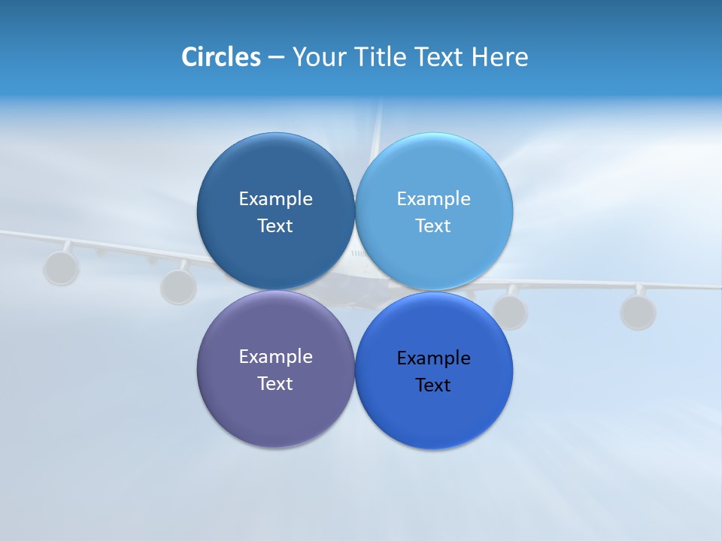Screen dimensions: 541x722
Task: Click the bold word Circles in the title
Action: (220, 57)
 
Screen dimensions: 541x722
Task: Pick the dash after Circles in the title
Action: (276, 58)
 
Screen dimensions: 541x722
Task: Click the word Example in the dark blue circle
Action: (275, 198)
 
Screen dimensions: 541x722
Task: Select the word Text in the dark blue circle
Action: (275, 225)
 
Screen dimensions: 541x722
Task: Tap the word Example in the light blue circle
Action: (433, 198)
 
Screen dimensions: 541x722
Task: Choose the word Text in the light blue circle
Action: (433, 225)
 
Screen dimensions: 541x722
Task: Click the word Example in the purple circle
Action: (275, 356)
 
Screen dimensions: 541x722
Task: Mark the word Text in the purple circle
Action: (275, 383)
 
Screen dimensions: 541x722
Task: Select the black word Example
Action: (433, 358)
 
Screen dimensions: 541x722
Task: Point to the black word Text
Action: (433, 385)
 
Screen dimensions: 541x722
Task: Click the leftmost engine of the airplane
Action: (61, 267)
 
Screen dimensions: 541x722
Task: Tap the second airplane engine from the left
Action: (178, 286)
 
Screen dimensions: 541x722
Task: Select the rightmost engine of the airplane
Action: (638, 311)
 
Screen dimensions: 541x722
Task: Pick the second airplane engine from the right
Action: (510, 311)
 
